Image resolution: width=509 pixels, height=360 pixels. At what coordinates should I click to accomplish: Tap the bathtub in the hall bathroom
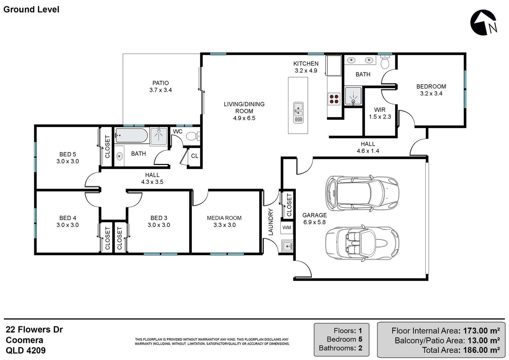[x=131, y=136]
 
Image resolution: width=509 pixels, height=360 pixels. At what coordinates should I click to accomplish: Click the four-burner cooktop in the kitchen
[x=334, y=99]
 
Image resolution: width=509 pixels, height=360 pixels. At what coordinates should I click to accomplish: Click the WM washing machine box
[x=286, y=228]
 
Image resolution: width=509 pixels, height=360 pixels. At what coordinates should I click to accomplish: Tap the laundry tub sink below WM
[x=286, y=247]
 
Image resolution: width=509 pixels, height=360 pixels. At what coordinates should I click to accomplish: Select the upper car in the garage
[x=362, y=193]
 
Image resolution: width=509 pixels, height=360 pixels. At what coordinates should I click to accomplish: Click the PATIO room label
[x=161, y=83]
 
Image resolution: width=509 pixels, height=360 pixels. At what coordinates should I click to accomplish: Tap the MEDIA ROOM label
[x=224, y=218]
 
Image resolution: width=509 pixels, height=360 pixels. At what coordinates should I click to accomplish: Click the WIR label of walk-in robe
[x=380, y=110]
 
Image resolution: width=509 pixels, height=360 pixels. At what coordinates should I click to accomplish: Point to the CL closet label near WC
[x=195, y=156]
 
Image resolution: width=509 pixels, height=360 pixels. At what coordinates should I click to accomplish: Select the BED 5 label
[x=68, y=154]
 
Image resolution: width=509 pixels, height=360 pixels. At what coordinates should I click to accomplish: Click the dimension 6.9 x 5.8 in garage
[x=314, y=222]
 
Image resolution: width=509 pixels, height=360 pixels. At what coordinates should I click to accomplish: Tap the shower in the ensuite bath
[x=353, y=96]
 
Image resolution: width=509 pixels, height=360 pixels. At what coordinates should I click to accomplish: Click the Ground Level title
[x=31, y=9]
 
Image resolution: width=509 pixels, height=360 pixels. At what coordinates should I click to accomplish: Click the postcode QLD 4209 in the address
[x=26, y=350]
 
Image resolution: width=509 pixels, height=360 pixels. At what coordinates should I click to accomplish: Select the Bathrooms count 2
[x=360, y=348]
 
